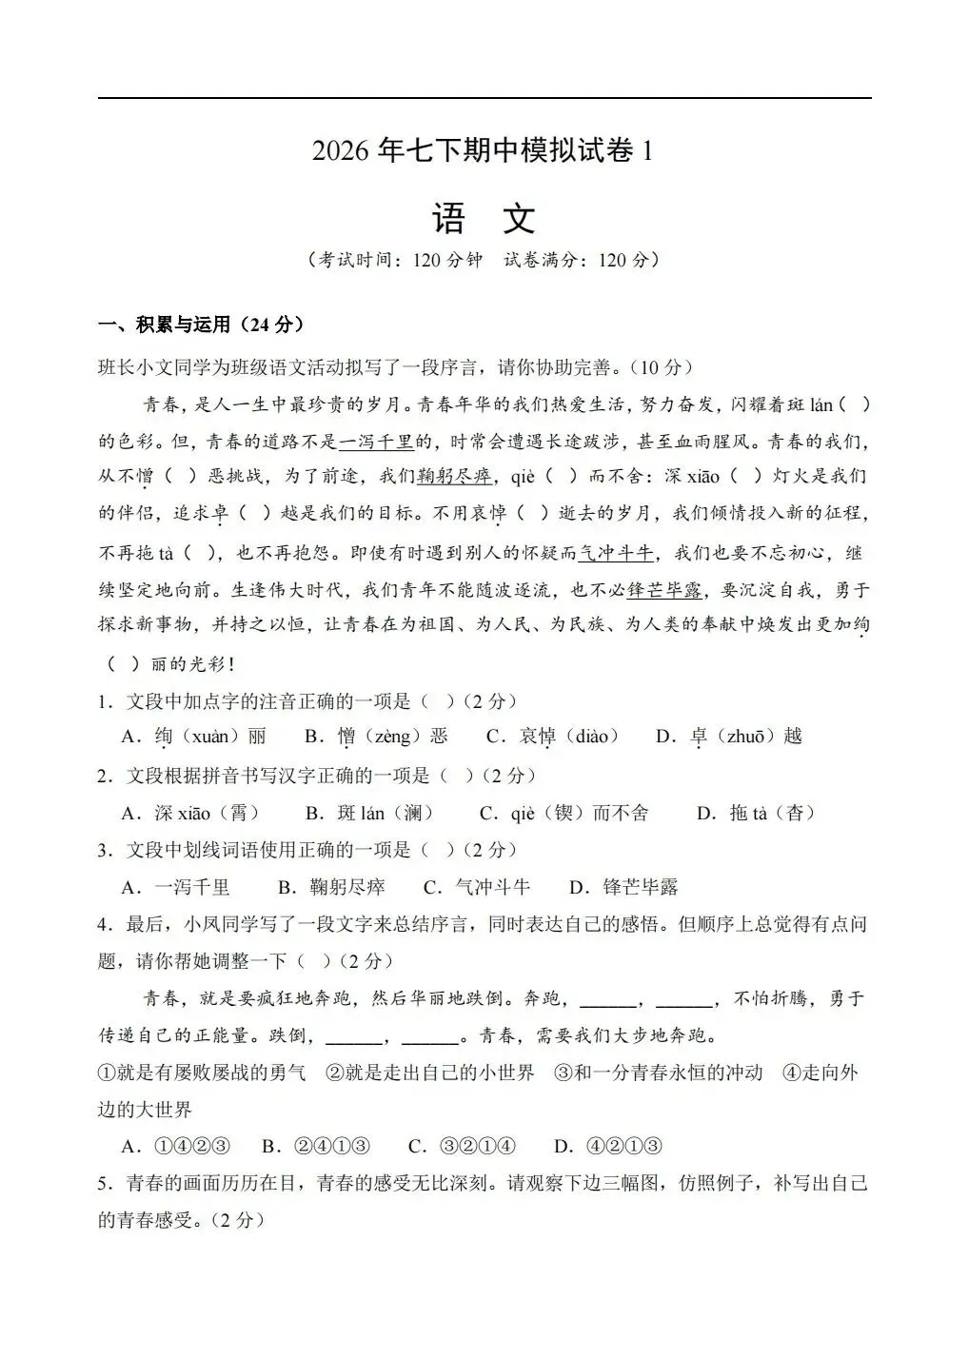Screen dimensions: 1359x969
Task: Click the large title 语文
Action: [x=484, y=219]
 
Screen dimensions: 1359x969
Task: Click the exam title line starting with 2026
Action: [x=484, y=151]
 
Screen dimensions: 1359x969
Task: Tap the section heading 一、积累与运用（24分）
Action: [x=201, y=325]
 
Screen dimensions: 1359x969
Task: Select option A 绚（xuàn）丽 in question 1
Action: [x=194, y=737]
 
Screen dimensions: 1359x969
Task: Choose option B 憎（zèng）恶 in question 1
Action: [x=376, y=737]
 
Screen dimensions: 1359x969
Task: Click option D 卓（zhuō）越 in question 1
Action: [x=729, y=737]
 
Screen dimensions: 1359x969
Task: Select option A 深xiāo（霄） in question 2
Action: [x=190, y=813]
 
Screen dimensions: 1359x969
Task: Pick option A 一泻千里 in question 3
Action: [x=176, y=888]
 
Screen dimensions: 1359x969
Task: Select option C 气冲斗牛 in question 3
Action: [x=477, y=888]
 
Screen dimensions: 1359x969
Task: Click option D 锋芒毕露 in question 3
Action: [x=623, y=888]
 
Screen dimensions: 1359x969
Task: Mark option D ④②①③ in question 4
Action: [x=608, y=1146]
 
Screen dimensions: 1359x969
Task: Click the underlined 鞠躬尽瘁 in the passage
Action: [x=455, y=477]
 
